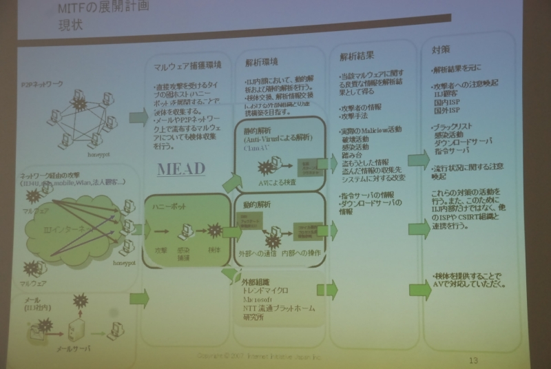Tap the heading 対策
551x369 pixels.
tap(441, 50)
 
